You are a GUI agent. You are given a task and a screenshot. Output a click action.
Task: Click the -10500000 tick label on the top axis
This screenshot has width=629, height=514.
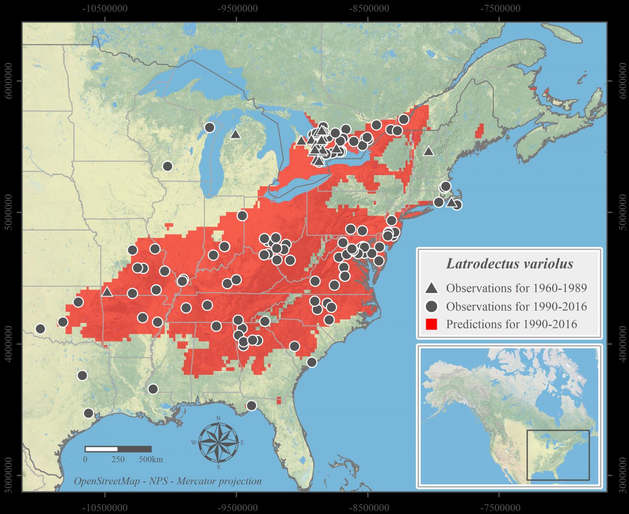point(104,8)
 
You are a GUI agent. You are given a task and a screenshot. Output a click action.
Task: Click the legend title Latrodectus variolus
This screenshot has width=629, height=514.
point(509,264)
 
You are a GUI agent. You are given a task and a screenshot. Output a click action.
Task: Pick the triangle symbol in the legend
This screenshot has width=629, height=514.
point(432,288)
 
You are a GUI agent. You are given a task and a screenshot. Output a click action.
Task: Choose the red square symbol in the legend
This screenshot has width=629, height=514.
point(432,324)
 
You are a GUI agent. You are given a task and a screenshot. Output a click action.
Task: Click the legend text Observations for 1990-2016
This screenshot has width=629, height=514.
point(516,306)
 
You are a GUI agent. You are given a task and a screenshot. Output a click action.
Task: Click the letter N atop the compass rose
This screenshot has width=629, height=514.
point(218,419)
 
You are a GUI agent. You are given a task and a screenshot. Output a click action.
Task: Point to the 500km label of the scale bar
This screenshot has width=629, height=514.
point(151,460)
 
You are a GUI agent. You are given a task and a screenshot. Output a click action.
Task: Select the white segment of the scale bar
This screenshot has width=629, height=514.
point(101,449)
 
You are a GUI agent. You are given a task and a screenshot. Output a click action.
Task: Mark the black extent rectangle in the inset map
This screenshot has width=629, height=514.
point(558,455)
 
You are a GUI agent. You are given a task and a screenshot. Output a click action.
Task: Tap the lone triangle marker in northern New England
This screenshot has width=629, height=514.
point(428,151)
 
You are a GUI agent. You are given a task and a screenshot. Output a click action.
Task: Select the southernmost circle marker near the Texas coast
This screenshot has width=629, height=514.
point(89,413)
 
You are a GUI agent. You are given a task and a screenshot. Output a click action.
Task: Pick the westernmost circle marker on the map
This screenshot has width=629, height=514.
point(40,329)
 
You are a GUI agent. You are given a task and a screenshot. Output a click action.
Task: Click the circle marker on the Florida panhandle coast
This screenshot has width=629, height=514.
point(251,406)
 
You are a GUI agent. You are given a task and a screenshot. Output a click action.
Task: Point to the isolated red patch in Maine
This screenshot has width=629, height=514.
point(480,130)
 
